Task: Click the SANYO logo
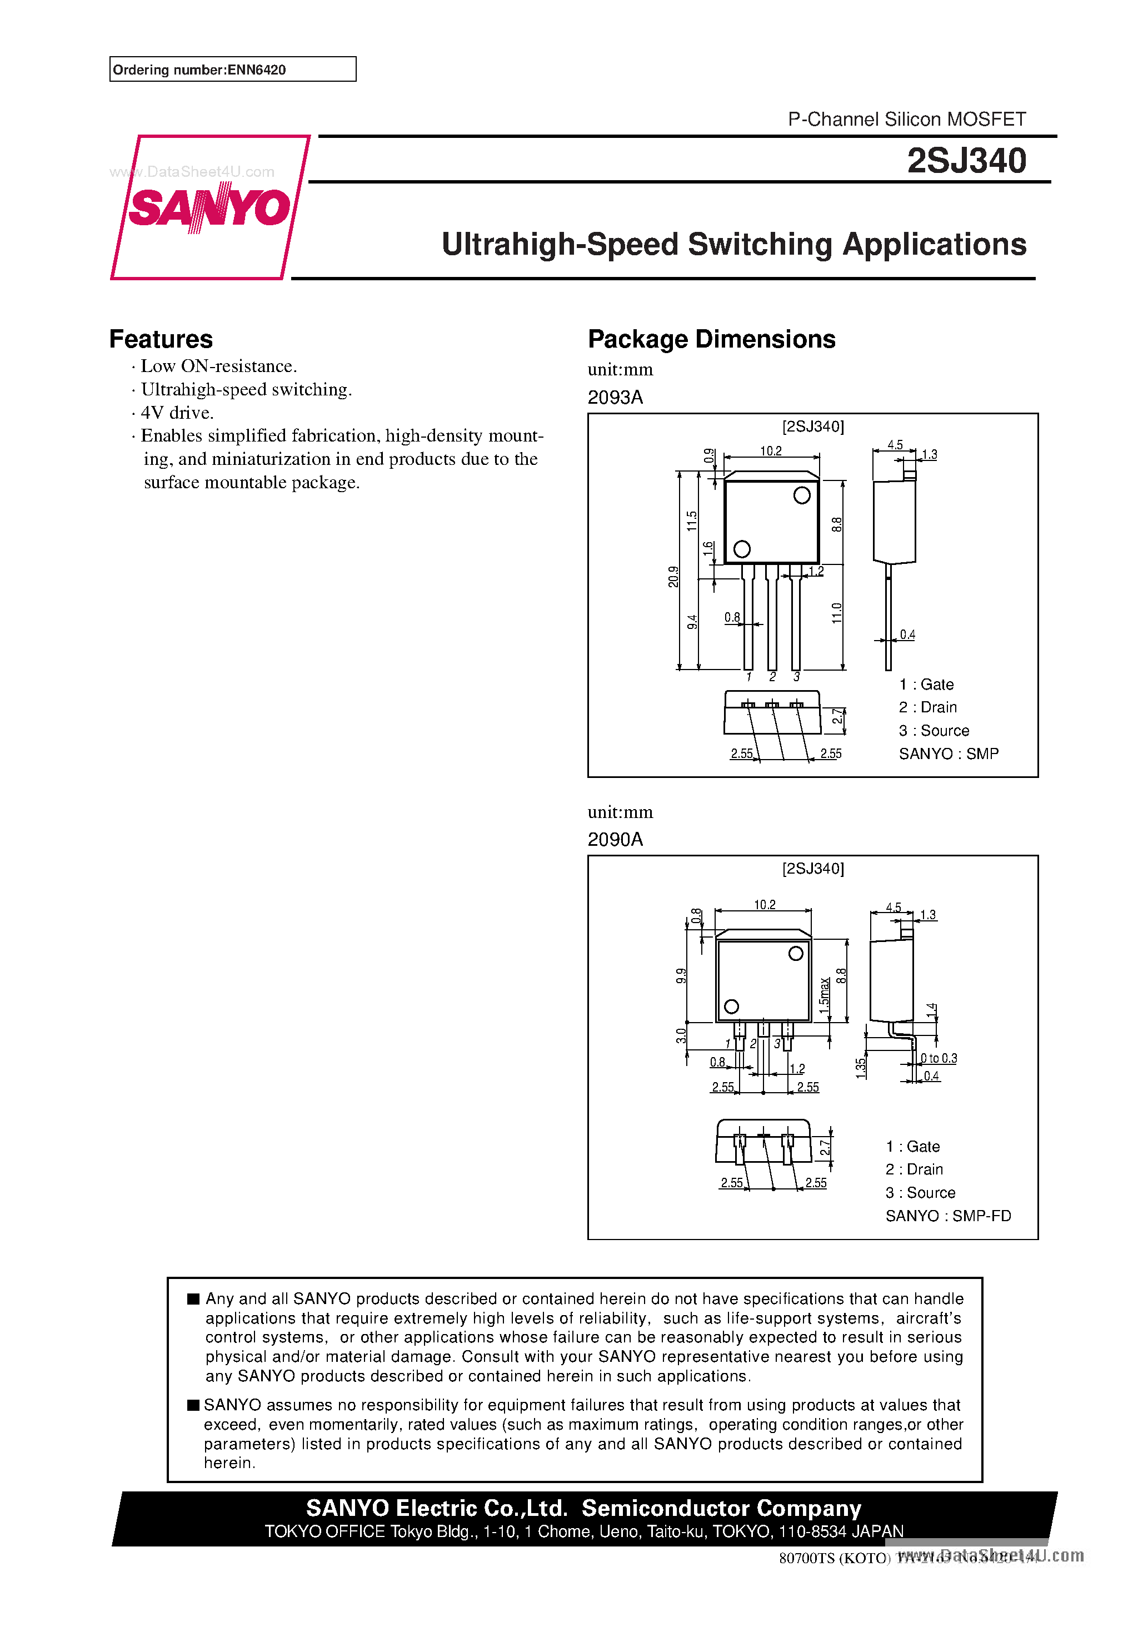point(209,207)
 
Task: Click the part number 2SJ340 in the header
point(966,161)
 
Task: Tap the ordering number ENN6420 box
point(232,70)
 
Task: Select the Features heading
point(161,339)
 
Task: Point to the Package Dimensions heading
point(711,339)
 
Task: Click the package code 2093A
point(615,397)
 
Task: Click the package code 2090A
point(615,839)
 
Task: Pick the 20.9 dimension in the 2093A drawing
point(673,577)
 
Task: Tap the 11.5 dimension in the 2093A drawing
point(691,520)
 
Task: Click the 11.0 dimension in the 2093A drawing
point(837,613)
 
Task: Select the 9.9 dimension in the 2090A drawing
point(681,976)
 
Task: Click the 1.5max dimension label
point(825,994)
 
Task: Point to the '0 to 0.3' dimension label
point(939,1058)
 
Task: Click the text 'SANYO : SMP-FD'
point(948,1216)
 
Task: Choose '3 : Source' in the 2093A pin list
point(934,731)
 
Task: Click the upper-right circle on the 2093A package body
point(802,495)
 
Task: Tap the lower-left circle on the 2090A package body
point(732,1007)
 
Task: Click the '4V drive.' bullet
point(176,413)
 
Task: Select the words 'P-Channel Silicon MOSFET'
point(907,119)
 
